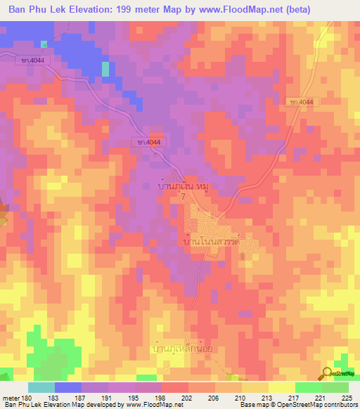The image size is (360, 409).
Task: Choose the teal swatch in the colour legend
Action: (41, 387)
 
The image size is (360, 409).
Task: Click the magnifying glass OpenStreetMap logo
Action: (327, 374)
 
